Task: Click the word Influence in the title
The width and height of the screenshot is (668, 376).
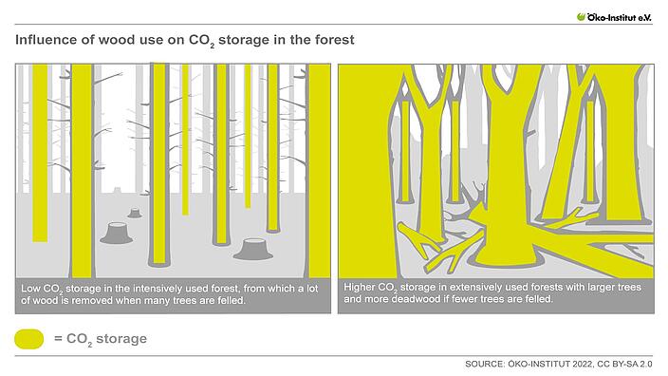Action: point(44,41)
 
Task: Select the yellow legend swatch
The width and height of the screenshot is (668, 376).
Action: point(29,339)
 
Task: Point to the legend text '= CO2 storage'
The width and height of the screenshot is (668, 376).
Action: point(100,339)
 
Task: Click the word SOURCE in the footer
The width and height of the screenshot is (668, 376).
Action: point(487,364)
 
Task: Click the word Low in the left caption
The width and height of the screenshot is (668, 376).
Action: point(31,288)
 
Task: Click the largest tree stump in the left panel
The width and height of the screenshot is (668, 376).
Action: point(253,249)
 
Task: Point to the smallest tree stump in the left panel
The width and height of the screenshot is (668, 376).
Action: point(135,213)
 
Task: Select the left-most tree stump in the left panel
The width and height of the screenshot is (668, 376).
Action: point(115,232)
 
